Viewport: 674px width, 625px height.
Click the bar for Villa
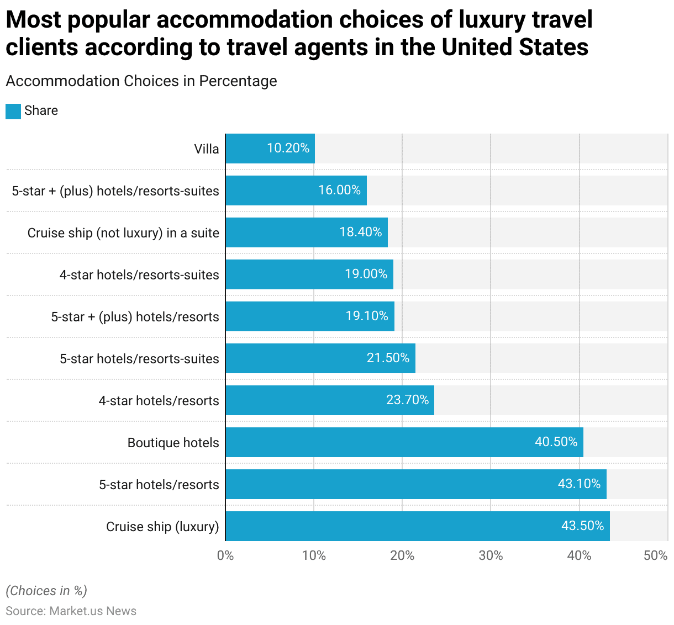click(270, 149)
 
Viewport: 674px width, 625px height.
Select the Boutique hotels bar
click(404, 442)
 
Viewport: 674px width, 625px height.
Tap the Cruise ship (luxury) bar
click(418, 526)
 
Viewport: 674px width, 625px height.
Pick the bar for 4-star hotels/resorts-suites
click(309, 274)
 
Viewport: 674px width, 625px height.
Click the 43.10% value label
click(579, 484)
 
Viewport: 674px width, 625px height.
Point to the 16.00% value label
click(339, 190)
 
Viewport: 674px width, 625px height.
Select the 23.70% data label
click(407, 400)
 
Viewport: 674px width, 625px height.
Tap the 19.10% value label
click(367, 316)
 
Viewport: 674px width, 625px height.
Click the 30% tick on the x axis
click(491, 555)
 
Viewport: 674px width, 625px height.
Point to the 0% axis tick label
click(225, 555)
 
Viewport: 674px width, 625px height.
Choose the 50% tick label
click(655, 555)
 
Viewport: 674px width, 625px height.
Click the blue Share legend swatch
click(13, 111)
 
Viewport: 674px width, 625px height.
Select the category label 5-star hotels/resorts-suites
click(139, 359)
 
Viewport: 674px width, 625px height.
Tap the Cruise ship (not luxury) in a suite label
click(123, 233)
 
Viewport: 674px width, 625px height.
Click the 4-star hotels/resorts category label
click(159, 401)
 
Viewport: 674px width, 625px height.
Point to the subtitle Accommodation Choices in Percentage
click(141, 81)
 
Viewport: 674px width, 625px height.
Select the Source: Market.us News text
click(71, 611)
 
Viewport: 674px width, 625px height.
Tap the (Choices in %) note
click(46, 591)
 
